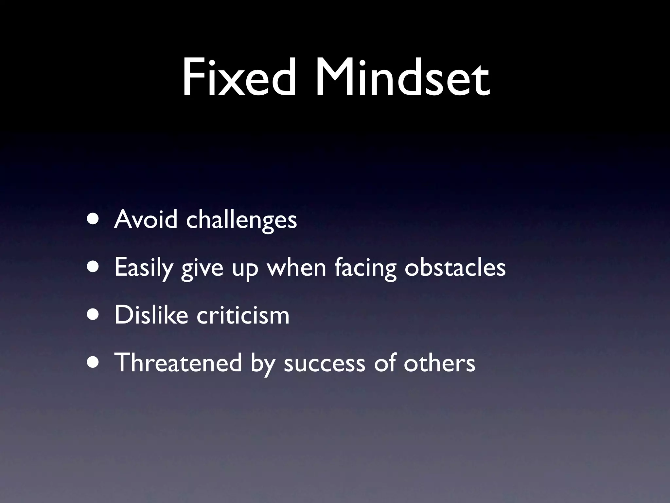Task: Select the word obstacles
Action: (x=455, y=267)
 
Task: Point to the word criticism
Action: (x=243, y=315)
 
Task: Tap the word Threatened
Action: (x=178, y=363)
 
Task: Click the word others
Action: (x=439, y=363)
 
